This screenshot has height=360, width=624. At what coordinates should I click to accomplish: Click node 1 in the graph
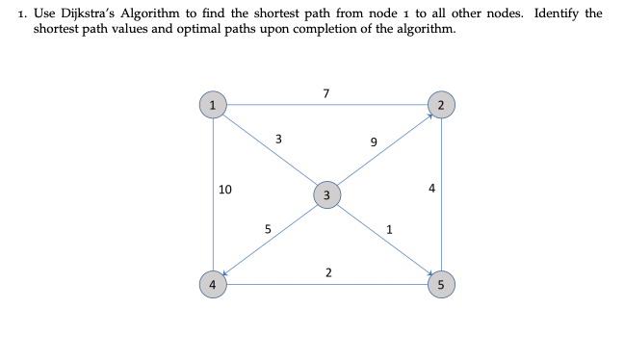coord(213,104)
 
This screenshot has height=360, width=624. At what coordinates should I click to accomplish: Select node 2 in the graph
coord(441,104)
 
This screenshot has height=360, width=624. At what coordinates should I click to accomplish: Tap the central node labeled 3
coord(326,195)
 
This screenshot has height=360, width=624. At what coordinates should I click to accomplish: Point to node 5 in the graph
coord(441,284)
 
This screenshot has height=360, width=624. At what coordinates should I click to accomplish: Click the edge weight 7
coord(327,93)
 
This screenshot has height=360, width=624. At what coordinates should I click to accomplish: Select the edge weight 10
coord(224,190)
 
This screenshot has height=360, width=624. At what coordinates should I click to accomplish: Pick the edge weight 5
coord(268,229)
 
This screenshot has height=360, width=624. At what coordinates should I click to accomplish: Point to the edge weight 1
coord(389,229)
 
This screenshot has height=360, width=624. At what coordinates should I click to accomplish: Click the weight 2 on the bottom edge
coord(328,273)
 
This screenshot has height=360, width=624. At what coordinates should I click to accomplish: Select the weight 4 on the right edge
coord(432,190)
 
